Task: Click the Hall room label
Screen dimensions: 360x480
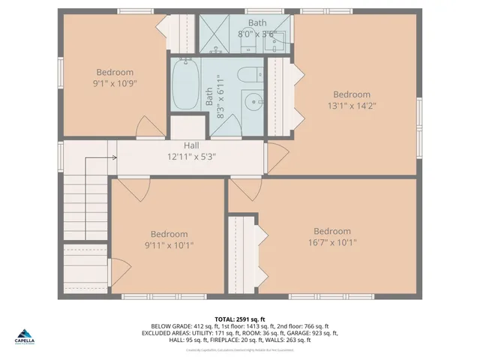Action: [192, 145]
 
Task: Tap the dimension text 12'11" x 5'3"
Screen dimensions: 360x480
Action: [192, 157]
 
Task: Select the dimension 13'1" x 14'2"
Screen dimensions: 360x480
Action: [352, 106]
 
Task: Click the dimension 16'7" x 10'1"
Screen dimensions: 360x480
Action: [331, 242]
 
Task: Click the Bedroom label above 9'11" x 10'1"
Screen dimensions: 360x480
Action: [169, 234]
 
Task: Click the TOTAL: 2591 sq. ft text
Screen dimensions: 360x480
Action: [240, 319]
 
